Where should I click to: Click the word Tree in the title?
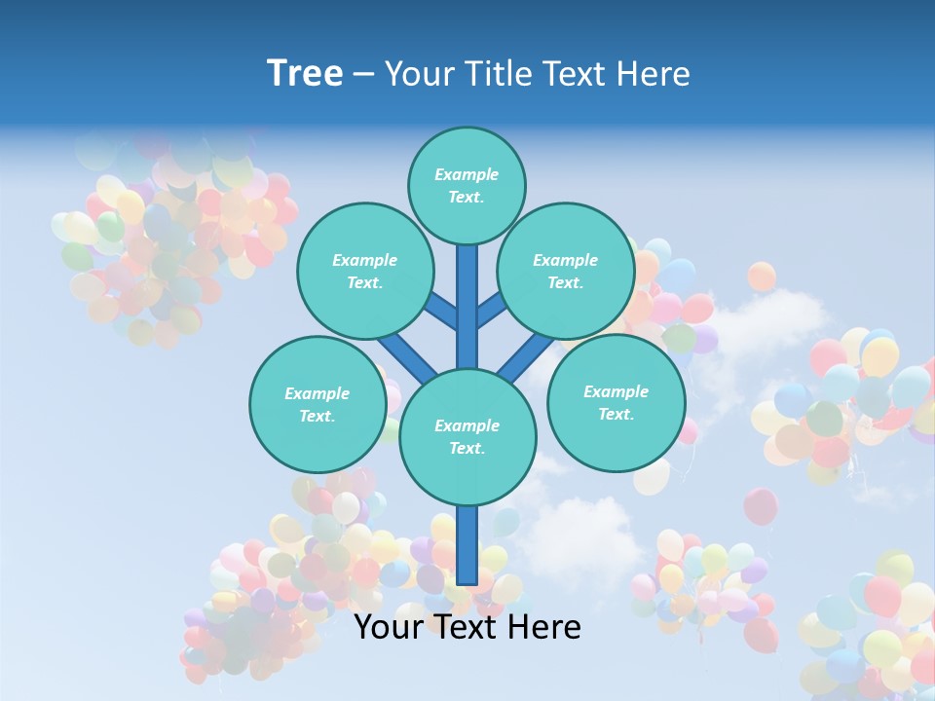305,74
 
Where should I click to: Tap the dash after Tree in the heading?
362,75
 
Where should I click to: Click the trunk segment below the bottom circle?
467,545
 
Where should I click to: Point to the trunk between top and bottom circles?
467,307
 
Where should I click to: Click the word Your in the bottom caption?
387,627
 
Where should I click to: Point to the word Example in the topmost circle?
467,174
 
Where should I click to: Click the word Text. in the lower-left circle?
317,416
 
